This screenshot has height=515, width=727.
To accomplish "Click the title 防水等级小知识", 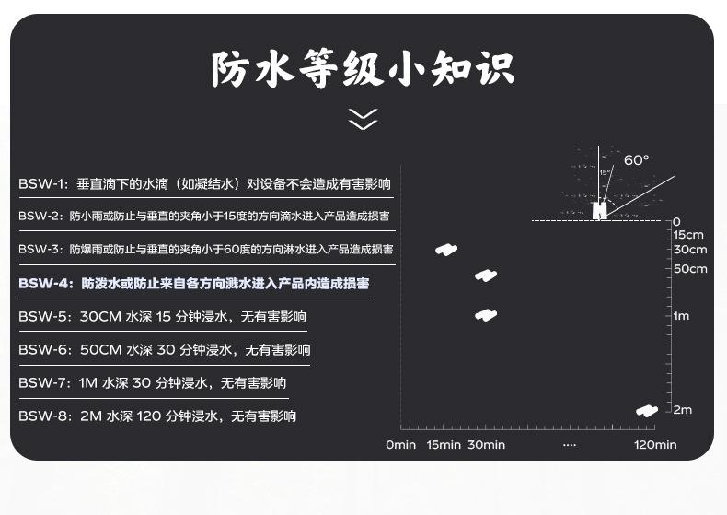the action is pyautogui.click(x=363, y=70).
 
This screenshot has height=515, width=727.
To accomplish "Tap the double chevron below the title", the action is pyautogui.click(x=363, y=119).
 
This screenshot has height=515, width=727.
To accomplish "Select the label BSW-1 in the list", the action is pyautogui.click(x=40, y=183).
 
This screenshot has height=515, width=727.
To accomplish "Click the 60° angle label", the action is pyautogui.click(x=636, y=160).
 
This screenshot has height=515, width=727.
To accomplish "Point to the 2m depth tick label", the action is pyautogui.click(x=682, y=409).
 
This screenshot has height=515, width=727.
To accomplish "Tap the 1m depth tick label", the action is pyautogui.click(x=681, y=316).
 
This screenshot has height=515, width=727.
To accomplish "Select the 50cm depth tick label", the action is pyautogui.click(x=690, y=269).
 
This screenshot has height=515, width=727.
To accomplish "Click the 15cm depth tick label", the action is pyautogui.click(x=688, y=235).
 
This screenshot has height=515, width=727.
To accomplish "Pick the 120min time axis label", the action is pyautogui.click(x=654, y=445).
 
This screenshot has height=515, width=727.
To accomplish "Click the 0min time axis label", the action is pyautogui.click(x=400, y=445).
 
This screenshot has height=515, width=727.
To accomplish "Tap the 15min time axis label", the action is pyautogui.click(x=443, y=445).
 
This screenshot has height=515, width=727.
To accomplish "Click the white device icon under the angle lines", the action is pyautogui.click(x=599, y=211).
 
